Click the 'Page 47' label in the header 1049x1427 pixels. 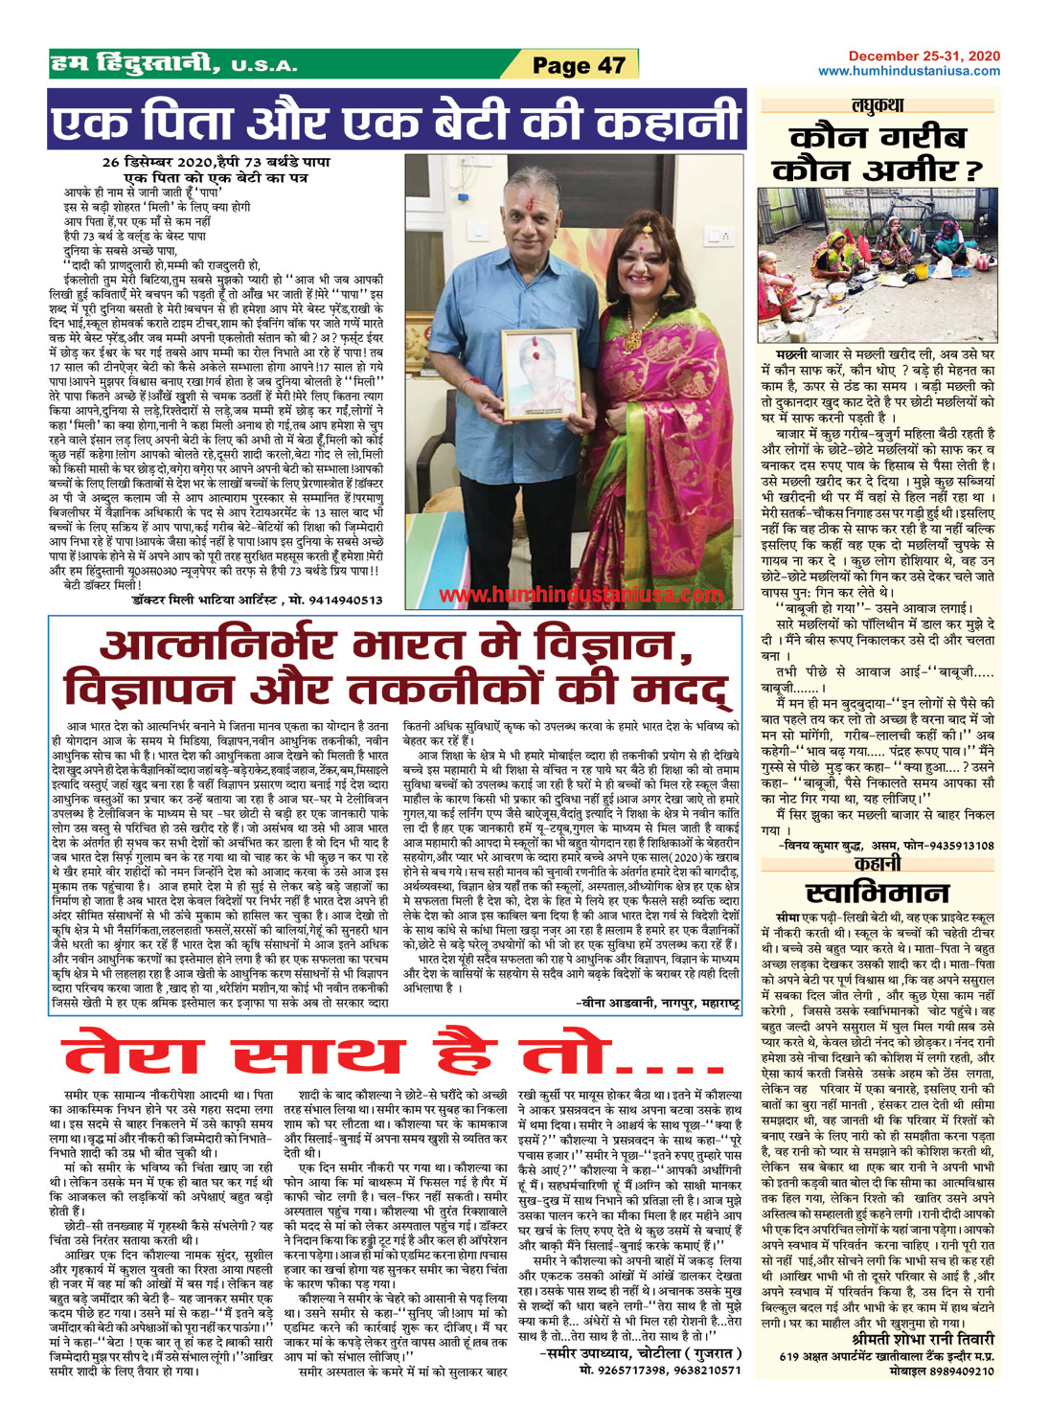[x=578, y=65]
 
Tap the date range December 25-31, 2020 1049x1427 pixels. [x=924, y=57]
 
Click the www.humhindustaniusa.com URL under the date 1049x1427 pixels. [x=909, y=71]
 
